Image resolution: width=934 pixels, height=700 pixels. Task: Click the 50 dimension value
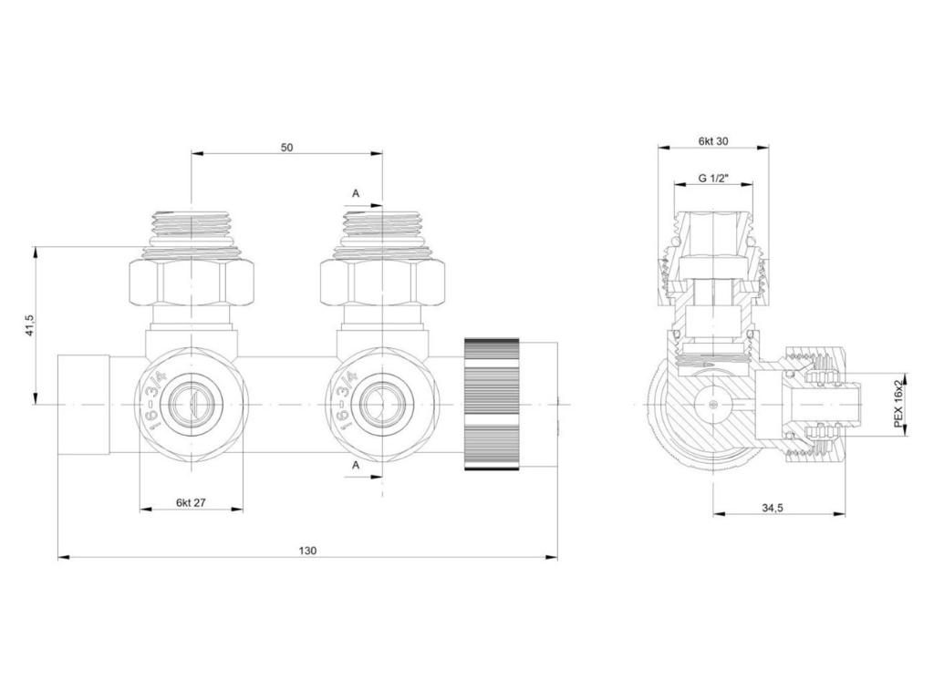point(286,148)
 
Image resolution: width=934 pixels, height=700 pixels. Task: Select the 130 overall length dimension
point(307,551)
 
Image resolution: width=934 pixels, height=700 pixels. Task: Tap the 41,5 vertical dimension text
point(29,325)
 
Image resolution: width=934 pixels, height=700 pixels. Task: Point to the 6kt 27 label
point(191,502)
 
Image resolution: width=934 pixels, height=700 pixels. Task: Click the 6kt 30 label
point(713,141)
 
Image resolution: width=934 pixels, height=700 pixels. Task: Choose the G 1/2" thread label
point(713,178)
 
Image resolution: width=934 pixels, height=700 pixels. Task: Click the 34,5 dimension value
point(772,508)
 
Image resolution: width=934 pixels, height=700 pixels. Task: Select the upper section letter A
point(356,193)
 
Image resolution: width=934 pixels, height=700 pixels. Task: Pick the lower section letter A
point(356,465)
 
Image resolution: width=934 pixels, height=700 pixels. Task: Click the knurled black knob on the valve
point(492,403)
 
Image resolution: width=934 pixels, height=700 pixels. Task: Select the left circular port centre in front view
point(191,403)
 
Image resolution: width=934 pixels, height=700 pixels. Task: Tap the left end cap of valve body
point(82,403)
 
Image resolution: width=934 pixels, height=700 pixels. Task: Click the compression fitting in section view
point(816,403)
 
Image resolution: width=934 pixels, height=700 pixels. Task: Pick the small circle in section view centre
point(713,403)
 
